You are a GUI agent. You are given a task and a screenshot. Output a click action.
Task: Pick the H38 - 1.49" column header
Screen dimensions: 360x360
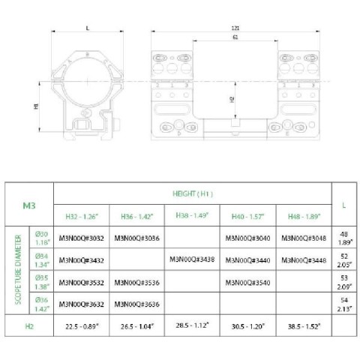[192, 216]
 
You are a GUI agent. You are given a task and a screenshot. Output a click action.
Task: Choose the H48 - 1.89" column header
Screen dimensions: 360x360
[303, 215]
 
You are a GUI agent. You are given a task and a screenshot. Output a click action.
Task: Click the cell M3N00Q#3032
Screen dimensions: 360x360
[81, 239]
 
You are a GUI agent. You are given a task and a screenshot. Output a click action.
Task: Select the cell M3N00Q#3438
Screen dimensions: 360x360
[192, 260]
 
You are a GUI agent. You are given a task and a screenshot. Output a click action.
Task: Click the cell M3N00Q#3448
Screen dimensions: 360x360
[303, 260]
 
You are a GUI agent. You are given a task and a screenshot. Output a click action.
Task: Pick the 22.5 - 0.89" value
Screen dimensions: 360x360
[81, 328]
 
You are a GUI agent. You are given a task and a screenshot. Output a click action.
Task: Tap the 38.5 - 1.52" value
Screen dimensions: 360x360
[303, 328]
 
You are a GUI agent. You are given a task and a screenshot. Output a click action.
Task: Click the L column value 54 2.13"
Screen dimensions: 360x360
[343, 304]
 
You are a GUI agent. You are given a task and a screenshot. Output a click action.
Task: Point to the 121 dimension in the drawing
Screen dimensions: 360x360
[236, 28]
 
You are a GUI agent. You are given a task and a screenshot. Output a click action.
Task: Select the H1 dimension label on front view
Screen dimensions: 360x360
[37, 106]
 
